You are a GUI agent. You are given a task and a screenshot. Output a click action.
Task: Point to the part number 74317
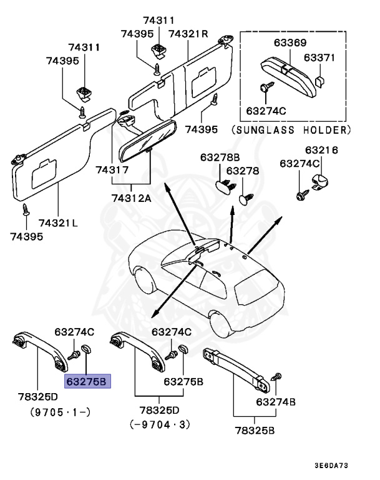tap(112, 170)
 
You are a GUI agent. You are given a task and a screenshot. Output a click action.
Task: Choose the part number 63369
tap(290, 42)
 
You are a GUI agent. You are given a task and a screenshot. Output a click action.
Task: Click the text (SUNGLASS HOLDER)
tap(291, 131)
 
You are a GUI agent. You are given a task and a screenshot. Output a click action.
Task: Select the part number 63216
tap(321, 151)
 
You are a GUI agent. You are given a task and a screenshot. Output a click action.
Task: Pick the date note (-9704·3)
tap(159, 425)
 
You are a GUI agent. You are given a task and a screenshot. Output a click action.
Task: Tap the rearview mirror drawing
tap(145, 138)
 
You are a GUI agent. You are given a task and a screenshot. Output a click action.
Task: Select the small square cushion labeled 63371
tap(319, 81)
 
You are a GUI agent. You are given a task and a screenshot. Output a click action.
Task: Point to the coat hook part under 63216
tap(319, 182)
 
